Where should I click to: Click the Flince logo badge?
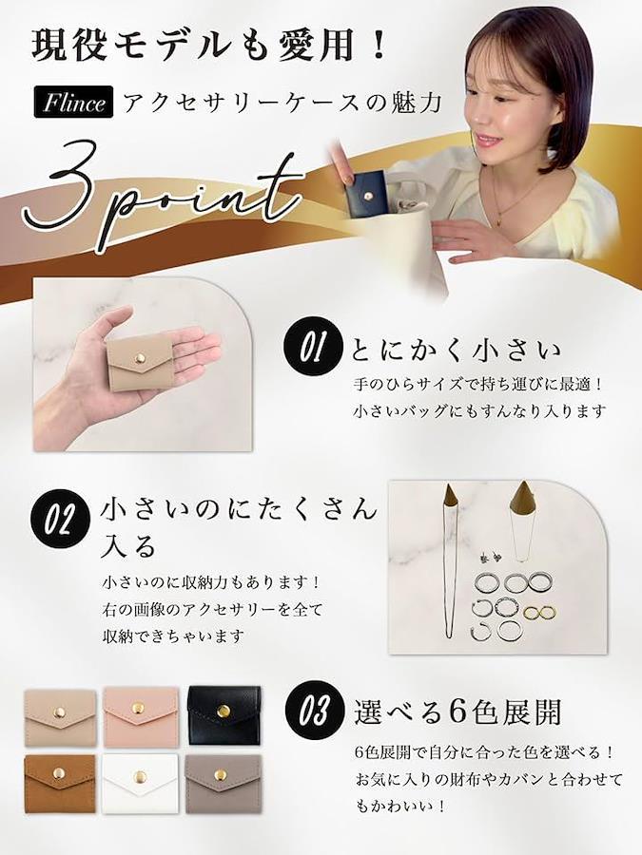coord(73,102)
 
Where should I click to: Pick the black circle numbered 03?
coord(313,711)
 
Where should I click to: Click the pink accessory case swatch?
coord(141,717)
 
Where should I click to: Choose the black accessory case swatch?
coord(224,715)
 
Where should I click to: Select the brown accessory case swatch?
coord(60,783)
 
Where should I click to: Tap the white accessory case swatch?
coord(140,783)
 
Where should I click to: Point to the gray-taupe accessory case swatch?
coord(223,783)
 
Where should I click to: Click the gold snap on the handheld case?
coord(141,358)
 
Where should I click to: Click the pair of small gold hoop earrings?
coord(539,613)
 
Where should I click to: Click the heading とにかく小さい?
coord(456,350)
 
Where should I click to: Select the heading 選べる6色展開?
coord(457,712)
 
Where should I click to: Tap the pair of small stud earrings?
coord(490,558)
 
